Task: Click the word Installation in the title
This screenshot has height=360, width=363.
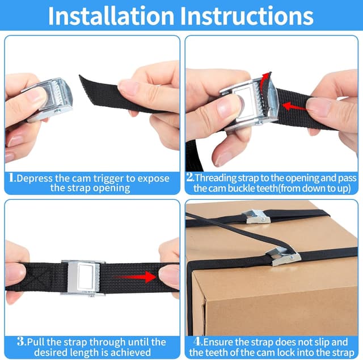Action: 111,16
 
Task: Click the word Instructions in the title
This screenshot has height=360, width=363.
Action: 247,16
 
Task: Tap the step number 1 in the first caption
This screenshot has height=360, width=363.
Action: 11,178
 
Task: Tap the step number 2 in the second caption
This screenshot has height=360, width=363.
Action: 190,178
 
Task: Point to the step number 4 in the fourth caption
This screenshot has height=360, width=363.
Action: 197,341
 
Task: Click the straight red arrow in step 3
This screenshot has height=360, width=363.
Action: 134,277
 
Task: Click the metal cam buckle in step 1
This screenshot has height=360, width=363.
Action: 49,100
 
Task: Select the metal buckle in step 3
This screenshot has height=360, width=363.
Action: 83,278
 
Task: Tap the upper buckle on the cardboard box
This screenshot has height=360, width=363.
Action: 256,216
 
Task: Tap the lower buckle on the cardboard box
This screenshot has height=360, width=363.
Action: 284,256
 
